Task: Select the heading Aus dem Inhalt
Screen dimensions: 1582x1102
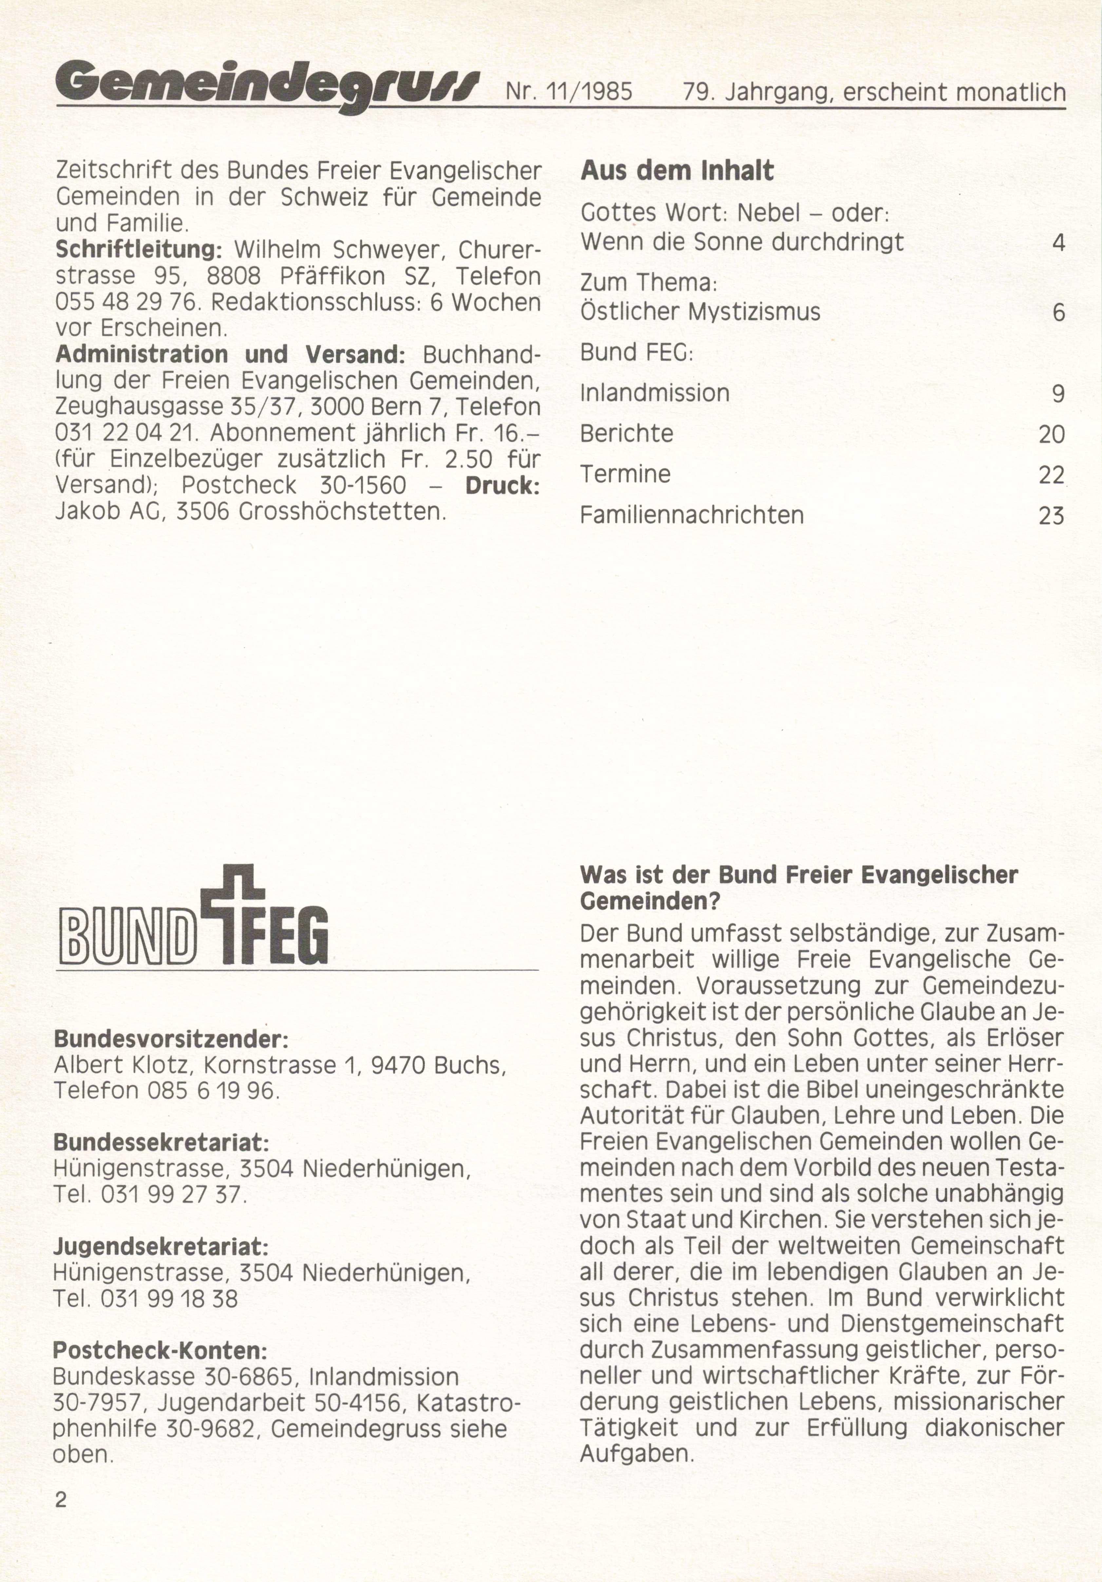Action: tap(677, 171)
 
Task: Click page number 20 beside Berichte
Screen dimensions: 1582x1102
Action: tap(1051, 434)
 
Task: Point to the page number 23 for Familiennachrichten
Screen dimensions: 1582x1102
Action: tap(1051, 516)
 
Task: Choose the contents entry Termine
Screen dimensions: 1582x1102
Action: tap(625, 474)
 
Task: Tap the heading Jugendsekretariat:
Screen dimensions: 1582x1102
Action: tap(161, 1246)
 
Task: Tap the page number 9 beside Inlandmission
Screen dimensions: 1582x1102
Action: tap(1058, 393)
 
